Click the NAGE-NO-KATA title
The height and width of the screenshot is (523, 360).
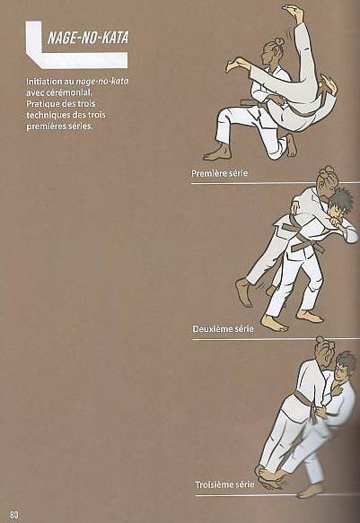88,38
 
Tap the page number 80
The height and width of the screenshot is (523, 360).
14,514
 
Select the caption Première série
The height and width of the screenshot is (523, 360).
219,173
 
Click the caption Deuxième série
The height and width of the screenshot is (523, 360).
223,329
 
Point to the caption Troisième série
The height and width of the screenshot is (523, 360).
224,484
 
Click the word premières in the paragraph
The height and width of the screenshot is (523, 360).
44,126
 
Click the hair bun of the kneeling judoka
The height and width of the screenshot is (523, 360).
277,40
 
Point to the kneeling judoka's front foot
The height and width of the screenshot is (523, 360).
217,153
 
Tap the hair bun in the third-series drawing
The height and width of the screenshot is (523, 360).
320,341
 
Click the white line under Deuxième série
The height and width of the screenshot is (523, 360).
276,339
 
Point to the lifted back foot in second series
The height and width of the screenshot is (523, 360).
244,292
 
